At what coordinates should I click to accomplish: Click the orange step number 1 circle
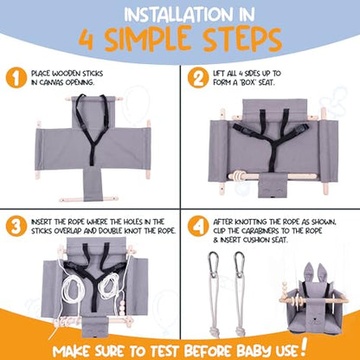16,78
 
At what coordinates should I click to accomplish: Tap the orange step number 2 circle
198,78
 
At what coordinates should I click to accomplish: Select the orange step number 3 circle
16,226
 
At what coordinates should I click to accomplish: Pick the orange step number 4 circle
198,226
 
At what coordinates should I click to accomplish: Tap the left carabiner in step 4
213,265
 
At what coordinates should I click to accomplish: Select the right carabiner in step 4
239,265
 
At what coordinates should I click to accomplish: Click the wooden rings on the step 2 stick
238,176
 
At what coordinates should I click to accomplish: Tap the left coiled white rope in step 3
72,287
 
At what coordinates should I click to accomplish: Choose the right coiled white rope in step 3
108,286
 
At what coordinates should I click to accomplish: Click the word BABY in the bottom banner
254,350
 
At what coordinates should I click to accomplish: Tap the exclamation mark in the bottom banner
304,347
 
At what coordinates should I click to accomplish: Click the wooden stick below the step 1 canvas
88,199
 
